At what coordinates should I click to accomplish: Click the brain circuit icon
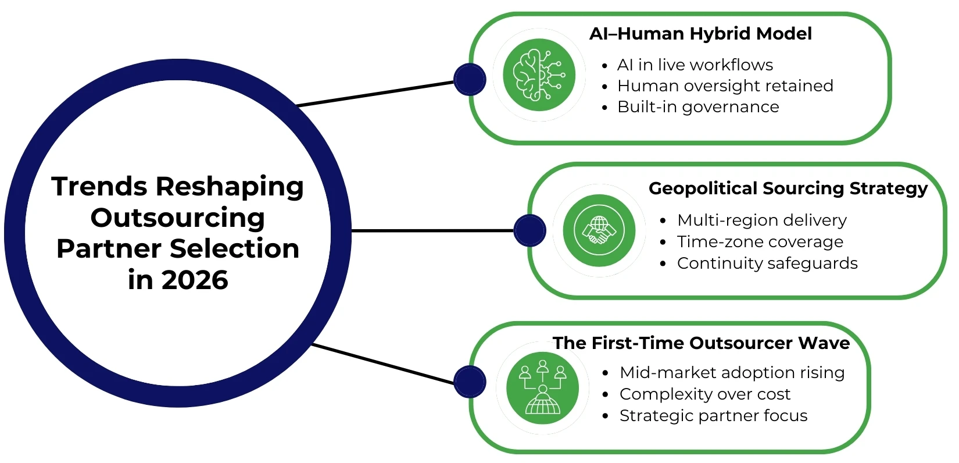539,75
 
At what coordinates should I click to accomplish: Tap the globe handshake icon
599,230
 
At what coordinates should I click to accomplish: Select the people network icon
542,388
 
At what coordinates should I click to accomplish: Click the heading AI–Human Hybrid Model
700,34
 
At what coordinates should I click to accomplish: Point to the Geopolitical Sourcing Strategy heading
788,188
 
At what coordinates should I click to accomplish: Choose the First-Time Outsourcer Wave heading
701,343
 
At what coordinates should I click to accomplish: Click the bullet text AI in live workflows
695,65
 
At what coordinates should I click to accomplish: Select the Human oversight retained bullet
725,86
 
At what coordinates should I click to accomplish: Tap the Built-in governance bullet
698,107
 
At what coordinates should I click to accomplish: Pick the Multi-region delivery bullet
762,220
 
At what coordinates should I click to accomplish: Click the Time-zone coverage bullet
760,241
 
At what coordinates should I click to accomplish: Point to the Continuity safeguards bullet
767,263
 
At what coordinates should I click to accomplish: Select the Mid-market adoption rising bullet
732,372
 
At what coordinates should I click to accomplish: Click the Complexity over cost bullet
705,394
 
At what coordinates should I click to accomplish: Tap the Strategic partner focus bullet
714,416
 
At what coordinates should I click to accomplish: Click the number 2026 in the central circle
195,280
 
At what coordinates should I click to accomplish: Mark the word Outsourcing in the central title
178,218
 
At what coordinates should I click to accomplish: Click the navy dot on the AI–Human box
470,80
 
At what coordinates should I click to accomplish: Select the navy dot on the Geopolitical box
530,230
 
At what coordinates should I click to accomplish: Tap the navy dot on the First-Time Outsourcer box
470,382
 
